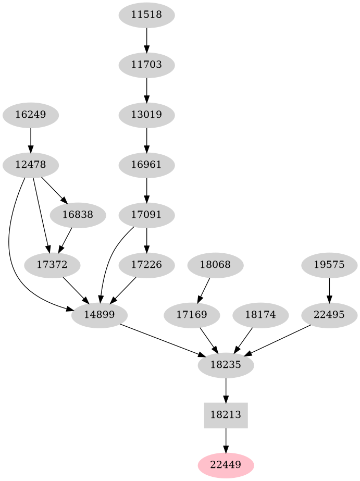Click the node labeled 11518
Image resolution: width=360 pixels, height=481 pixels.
146,15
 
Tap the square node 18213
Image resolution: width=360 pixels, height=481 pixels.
226,415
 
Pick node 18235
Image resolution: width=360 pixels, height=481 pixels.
226,365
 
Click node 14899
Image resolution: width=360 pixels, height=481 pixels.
99,315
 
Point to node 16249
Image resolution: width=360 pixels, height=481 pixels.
30,115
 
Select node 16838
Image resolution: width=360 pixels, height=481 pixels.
78,215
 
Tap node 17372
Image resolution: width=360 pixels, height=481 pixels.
52,265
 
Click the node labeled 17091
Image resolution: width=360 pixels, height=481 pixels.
146,215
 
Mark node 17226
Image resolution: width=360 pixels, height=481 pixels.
146,265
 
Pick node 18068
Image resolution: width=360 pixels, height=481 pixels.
215,265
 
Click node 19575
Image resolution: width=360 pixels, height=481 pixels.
329,265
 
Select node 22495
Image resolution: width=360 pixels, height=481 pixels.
329,315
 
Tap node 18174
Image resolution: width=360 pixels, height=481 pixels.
260,315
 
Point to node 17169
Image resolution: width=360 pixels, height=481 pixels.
192,315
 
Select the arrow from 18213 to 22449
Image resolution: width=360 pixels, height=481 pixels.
226,440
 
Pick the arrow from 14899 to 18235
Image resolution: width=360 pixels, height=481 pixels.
162,340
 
